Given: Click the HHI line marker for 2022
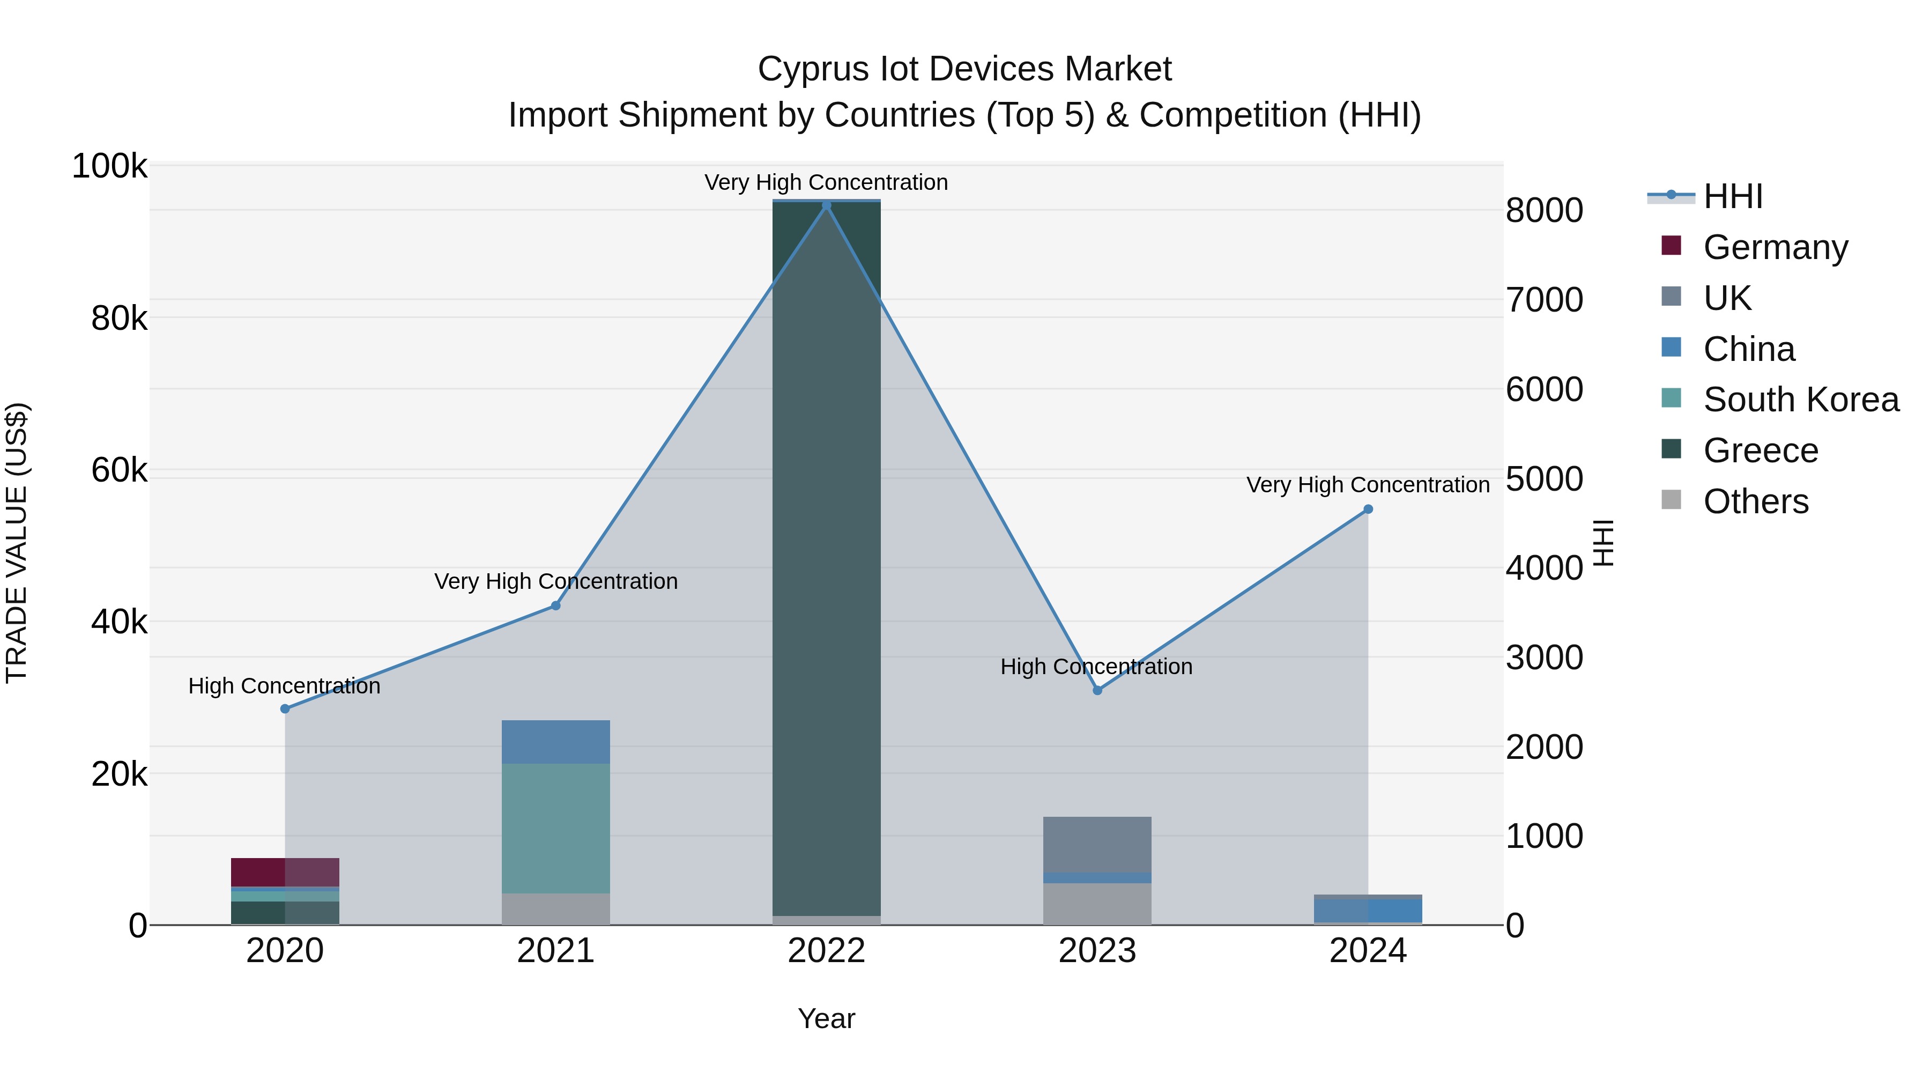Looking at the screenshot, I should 826,205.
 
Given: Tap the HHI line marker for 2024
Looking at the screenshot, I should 1368,509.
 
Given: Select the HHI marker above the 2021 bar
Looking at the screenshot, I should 556,605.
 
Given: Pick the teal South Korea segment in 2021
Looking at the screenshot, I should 556,828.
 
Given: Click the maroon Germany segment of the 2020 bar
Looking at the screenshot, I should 285,871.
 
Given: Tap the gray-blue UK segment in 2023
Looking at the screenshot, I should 1097,845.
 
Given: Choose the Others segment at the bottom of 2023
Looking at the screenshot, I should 1097,904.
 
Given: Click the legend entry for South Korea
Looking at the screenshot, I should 1800,400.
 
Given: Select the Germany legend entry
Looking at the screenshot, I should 1775,247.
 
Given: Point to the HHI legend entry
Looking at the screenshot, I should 1732,196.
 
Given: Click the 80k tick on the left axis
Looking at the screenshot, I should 119,319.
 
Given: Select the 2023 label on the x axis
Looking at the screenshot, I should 1097,951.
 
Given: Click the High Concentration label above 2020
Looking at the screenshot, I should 284,686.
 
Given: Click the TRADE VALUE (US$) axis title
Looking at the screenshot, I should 17,543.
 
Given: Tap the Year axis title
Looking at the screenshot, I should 826,1018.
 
